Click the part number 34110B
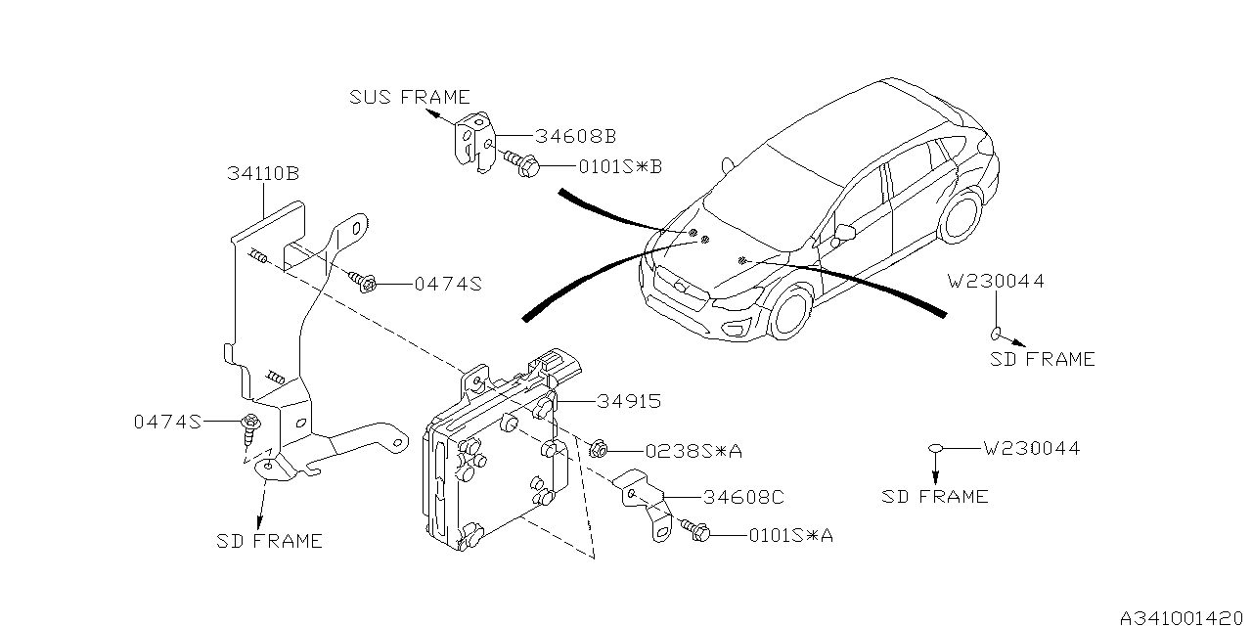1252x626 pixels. pos(263,174)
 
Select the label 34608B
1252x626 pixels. pos(575,136)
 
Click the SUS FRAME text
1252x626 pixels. pos(410,97)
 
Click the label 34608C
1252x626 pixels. pos(741,497)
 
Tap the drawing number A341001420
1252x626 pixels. pos(1184,617)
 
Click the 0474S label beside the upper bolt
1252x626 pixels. pos(448,284)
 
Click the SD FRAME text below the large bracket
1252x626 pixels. pos(269,540)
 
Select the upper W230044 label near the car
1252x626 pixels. pos(996,282)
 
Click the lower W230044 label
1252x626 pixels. pos(1032,449)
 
